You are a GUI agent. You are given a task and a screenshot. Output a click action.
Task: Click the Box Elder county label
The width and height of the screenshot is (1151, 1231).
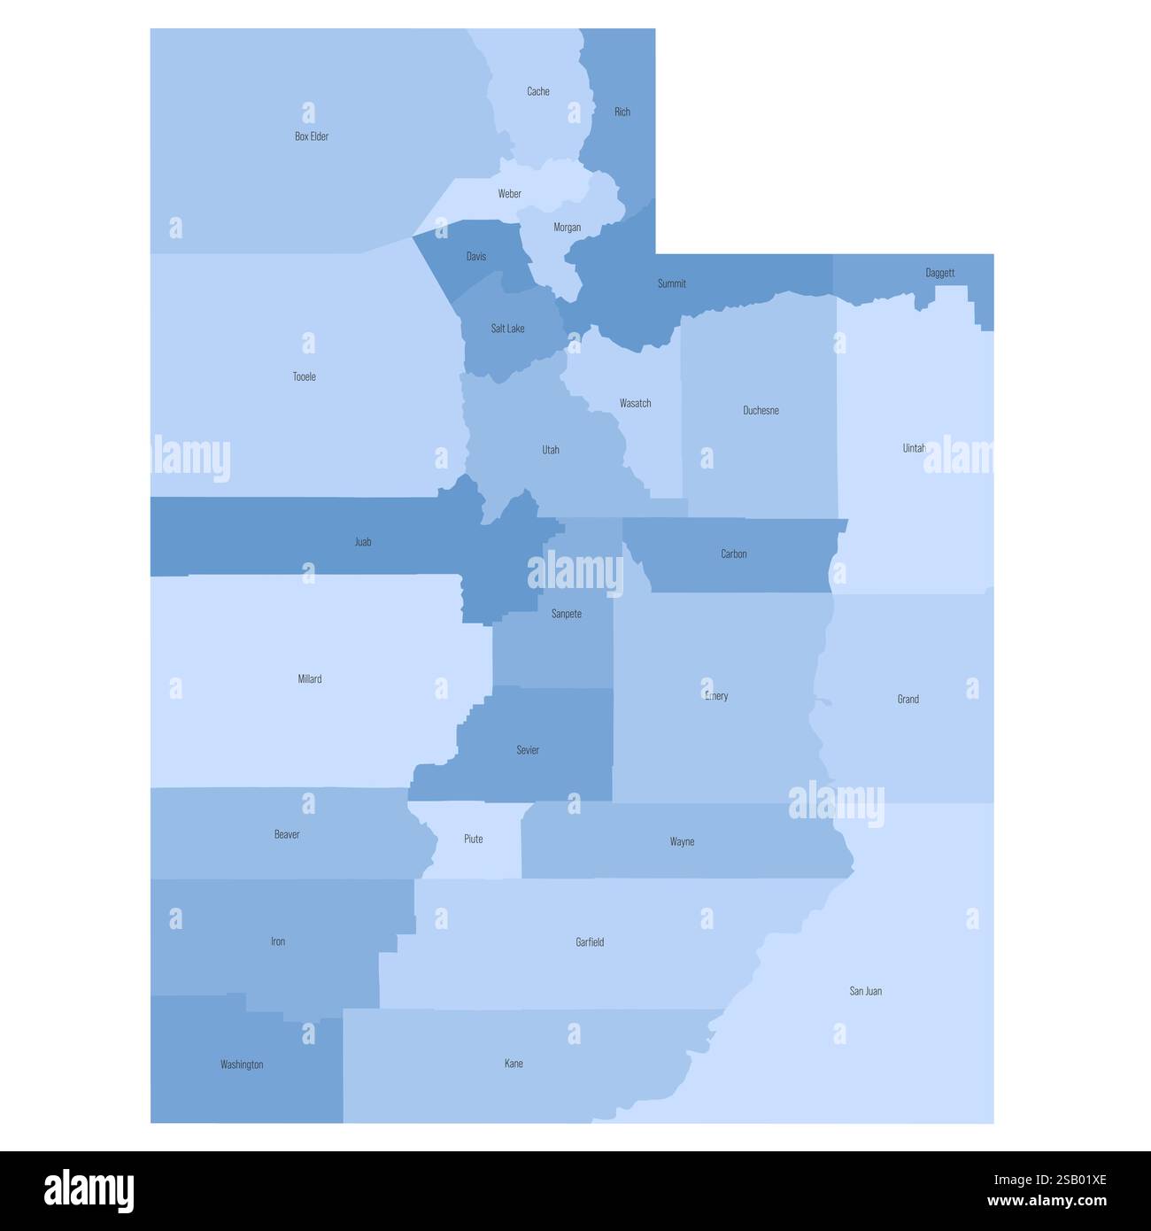[312, 136]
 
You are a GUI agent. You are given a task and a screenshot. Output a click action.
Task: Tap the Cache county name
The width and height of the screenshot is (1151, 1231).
[538, 91]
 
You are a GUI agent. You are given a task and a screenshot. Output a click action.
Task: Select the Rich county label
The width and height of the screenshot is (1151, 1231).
[622, 112]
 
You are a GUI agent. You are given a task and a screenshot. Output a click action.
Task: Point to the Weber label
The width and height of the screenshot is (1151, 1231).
[509, 194]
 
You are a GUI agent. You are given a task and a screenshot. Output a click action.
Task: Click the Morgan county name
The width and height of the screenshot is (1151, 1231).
[568, 228]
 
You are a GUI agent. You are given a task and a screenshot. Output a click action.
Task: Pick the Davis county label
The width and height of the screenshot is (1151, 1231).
[476, 257]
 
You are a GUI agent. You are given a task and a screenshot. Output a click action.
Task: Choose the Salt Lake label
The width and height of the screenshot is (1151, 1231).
[507, 329]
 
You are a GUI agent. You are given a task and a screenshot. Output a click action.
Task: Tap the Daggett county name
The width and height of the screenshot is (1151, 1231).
[939, 273]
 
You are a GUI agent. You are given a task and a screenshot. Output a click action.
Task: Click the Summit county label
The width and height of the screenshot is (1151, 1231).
[671, 283]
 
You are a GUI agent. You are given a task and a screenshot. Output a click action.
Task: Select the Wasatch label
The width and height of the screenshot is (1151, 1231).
[635, 404]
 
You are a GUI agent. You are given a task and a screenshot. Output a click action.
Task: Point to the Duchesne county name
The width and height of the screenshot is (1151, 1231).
[761, 411]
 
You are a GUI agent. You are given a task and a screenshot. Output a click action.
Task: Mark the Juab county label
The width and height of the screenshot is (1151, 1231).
[363, 542]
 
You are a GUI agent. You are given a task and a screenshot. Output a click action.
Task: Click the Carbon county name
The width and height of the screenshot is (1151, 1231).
[733, 554]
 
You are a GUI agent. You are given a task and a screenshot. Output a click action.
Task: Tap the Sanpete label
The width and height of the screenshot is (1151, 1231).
[567, 614]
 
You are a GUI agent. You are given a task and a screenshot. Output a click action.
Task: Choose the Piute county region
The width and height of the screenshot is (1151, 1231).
[474, 839]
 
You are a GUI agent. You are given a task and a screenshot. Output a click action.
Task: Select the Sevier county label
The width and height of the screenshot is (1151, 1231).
[528, 750]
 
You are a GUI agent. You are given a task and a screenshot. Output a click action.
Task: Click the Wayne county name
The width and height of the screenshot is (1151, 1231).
[682, 842]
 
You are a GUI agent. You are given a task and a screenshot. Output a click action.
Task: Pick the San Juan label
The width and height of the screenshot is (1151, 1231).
[865, 991]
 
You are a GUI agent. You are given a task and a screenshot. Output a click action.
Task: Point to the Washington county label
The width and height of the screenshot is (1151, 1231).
[242, 1065]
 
